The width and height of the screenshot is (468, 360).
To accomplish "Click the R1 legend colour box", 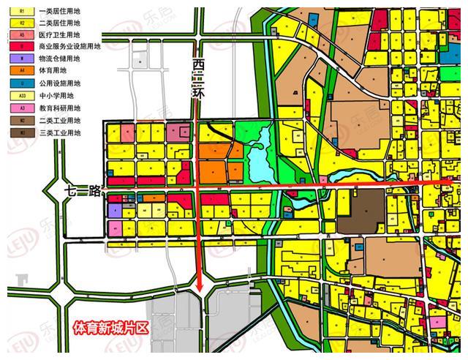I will tap(22, 12).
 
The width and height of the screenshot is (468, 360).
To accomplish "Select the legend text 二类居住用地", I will tap(59, 23).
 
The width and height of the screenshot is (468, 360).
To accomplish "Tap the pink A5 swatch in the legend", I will tap(22, 34).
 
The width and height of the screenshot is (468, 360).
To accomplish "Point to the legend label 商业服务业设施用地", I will tap(69, 46).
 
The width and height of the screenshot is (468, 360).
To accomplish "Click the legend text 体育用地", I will tap(55, 70).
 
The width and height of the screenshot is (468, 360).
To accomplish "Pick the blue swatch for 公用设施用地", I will tap(22, 83).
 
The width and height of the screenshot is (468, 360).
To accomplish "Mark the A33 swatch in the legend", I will tap(22, 95).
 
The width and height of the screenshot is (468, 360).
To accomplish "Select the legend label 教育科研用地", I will tap(59, 108).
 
